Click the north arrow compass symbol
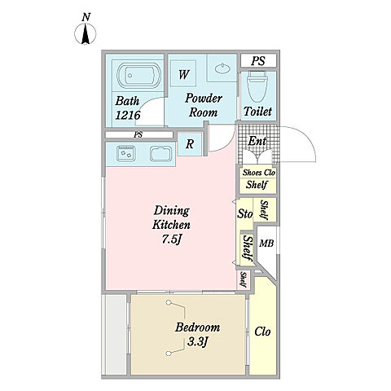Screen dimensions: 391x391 [x=86, y=33]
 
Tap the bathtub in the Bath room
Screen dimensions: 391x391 [x=138, y=76]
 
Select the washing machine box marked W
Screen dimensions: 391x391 [x=183, y=73]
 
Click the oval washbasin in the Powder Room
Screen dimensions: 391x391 [x=222, y=68]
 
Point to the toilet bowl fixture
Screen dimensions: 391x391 [x=257, y=86]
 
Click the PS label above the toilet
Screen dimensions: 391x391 [x=258, y=61]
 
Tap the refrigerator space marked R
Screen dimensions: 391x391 [x=190, y=144]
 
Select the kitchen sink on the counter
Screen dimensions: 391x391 [x=161, y=155]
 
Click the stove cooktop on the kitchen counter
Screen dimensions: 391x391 [x=125, y=153]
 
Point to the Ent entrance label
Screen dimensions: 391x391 [x=257, y=141]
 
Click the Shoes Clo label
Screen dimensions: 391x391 [x=259, y=173]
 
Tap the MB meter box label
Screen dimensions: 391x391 [x=266, y=244]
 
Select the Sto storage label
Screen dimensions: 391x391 [x=245, y=213]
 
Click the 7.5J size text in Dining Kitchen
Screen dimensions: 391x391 [x=172, y=239]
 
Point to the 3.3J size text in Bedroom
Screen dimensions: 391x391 [x=197, y=341]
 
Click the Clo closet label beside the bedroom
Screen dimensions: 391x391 [x=262, y=332]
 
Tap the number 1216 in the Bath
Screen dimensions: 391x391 [x=128, y=116]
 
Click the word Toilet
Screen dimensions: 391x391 [x=257, y=112]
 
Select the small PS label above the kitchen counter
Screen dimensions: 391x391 [x=138, y=134]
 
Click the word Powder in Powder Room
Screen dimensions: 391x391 [x=204, y=98]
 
